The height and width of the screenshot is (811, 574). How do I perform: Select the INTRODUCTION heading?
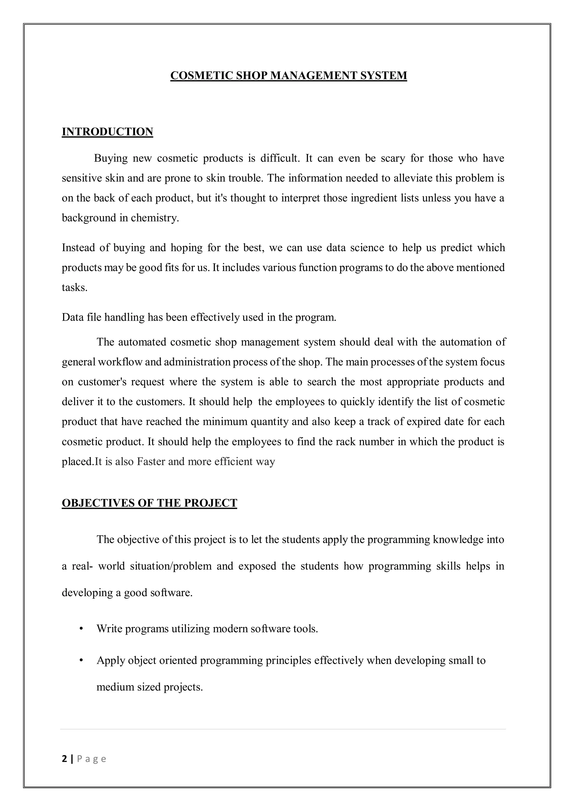tap(107, 132)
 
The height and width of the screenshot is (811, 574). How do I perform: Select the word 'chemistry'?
tap(154, 218)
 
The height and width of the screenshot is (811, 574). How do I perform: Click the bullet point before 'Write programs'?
tap(81, 629)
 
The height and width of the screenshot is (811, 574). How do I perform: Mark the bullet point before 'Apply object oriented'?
tap(81, 660)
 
